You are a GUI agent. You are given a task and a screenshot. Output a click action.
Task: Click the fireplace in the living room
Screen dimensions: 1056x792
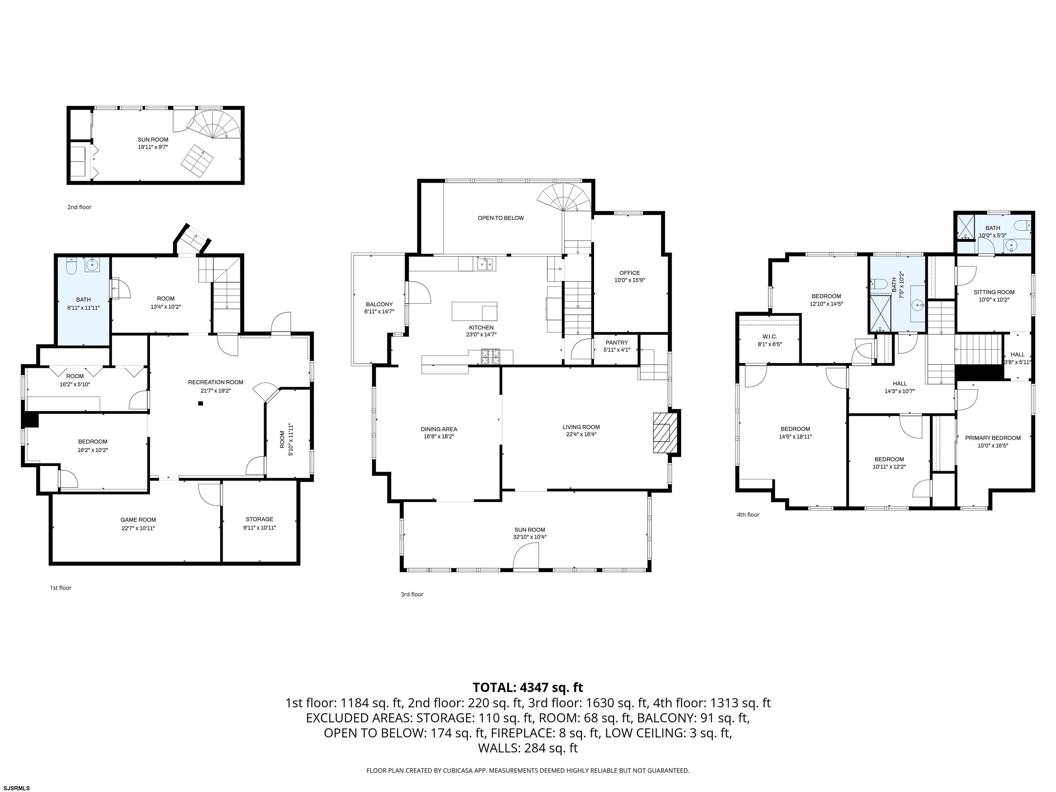(665, 432)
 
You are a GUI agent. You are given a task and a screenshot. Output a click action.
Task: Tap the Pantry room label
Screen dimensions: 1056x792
(616, 342)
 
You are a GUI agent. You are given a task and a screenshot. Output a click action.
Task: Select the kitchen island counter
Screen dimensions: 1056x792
(474, 311)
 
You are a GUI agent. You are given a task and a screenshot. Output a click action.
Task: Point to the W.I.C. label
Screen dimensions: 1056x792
(770, 337)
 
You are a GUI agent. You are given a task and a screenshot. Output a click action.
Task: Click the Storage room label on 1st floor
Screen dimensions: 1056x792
(259, 519)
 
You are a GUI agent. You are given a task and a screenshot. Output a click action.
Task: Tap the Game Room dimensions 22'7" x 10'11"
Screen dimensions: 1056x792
(138, 528)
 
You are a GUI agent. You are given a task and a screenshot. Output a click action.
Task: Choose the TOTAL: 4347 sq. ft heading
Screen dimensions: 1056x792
(528, 687)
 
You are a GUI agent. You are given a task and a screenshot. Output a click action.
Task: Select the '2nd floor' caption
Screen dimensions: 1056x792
(79, 207)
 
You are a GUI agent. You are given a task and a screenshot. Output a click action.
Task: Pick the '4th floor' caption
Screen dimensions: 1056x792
(748, 515)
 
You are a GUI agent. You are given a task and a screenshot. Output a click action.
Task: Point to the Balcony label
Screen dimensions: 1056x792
(379, 304)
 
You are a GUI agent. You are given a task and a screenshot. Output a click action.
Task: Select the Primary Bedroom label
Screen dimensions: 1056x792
(992, 438)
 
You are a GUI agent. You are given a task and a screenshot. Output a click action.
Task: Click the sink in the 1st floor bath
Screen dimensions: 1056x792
(92, 265)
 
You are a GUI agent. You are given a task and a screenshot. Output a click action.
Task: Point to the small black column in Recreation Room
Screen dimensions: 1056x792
(200, 404)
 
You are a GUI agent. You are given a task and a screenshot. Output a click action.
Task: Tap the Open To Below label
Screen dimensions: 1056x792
(501, 218)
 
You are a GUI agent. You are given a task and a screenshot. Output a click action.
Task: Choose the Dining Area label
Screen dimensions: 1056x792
(439, 429)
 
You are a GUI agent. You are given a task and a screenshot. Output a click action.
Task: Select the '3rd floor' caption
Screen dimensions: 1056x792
(412, 594)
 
